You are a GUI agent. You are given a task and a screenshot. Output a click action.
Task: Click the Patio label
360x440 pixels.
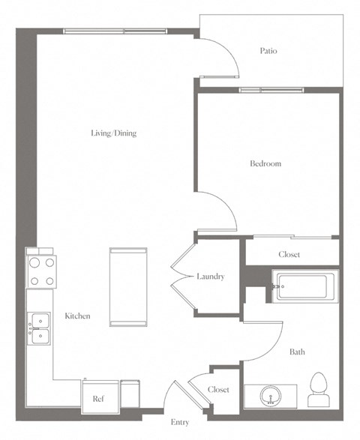pos(268,51)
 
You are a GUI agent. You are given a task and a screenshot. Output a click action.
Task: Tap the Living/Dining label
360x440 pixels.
pos(114,133)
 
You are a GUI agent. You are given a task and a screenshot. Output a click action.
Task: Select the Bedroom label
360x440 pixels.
pos(265,163)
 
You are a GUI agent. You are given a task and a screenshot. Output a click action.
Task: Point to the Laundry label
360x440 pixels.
pos(211,277)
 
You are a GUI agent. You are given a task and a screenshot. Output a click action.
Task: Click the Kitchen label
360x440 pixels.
pos(77,316)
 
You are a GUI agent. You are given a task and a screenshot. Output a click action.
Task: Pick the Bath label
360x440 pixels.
pos(297,352)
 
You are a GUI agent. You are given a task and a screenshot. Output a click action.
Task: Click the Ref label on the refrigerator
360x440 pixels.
pos(97,400)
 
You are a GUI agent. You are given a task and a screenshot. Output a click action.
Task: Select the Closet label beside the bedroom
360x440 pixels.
pos(289,255)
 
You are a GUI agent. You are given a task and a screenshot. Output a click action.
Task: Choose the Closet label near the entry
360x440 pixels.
pos(218,391)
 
